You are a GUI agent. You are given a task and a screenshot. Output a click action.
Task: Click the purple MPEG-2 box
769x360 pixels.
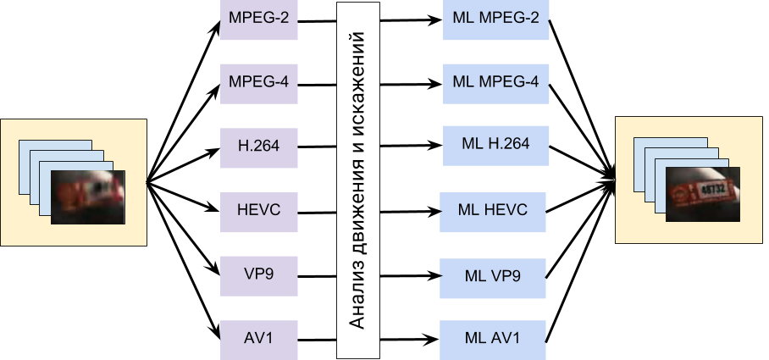point(259,19)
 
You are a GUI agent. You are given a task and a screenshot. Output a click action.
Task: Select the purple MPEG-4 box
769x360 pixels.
point(259,83)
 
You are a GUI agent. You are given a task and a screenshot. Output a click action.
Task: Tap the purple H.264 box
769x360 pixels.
point(259,147)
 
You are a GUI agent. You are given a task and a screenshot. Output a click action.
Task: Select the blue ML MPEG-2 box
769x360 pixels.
point(495,19)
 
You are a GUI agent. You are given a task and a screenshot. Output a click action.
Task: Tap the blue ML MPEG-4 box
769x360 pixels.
point(495,83)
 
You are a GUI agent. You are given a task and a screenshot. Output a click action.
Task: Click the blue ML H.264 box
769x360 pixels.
point(495,145)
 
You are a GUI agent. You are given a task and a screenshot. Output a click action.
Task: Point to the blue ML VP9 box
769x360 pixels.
point(493,276)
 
